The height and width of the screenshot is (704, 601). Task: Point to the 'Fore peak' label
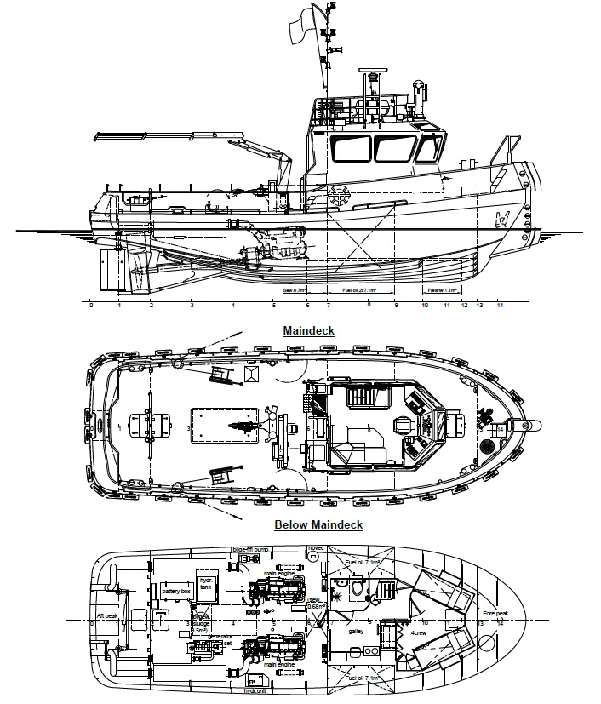pyautogui.click(x=495, y=614)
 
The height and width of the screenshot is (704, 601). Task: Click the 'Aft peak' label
pyautogui.click(x=107, y=615)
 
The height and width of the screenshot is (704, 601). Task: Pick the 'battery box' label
pyautogui.click(x=175, y=591)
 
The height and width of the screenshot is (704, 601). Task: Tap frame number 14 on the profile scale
pyautogui.click(x=500, y=304)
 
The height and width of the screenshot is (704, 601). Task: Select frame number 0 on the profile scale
pyautogui.click(x=91, y=304)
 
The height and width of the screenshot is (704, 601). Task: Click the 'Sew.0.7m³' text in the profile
pyautogui.click(x=295, y=290)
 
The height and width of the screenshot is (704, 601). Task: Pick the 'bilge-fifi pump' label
pyautogui.click(x=253, y=550)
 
